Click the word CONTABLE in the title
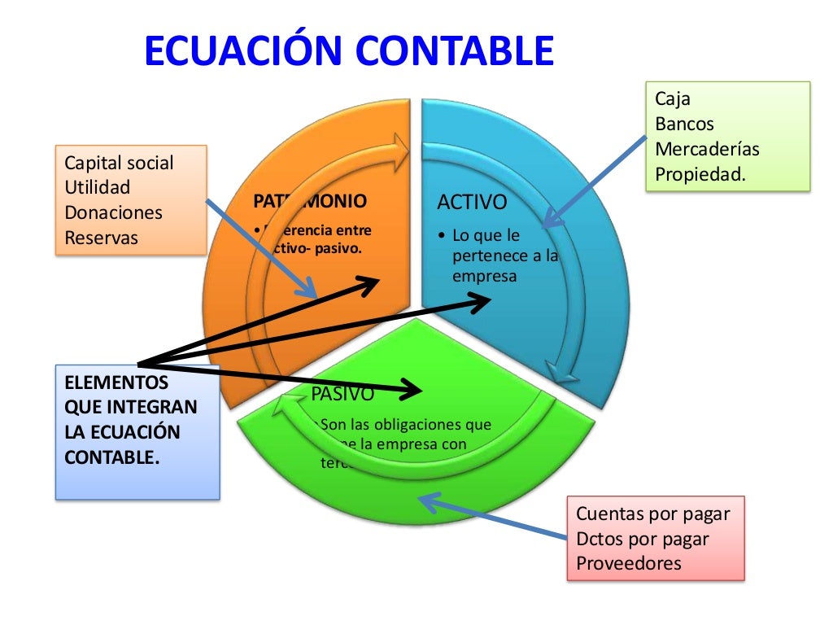click(455, 50)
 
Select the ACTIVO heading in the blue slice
click(472, 201)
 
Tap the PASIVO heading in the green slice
click(342, 395)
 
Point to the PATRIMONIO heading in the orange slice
click(310, 200)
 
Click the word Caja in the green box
click(672, 99)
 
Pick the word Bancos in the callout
click(684, 124)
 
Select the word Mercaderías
click(707, 149)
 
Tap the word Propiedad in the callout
click(698, 173)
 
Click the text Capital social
click(119, 163)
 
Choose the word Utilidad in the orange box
click(97, 188)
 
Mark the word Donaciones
click(113, 213)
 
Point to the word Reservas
click(101, 238)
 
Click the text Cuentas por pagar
click(652, 514)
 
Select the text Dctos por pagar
click(642, 539)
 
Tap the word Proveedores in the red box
click(628, 563)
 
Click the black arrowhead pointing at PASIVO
click(410, 390)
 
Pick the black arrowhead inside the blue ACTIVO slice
click(480, 302)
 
